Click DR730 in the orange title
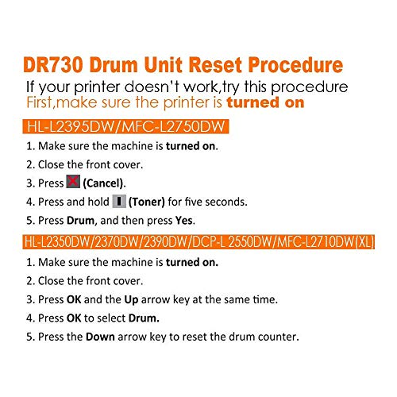53,65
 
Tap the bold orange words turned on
265,102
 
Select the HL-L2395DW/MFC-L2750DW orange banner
125,126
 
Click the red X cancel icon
73,182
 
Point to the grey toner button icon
119,201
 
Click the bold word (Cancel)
103,183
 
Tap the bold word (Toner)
147,202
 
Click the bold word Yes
183,220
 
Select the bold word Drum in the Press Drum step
80,221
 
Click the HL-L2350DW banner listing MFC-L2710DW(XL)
198,241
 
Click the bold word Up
131,300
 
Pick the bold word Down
100,337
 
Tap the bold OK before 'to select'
74,318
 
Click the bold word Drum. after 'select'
144,318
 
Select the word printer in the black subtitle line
97,87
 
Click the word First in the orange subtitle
40,102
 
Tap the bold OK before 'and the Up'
74,299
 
